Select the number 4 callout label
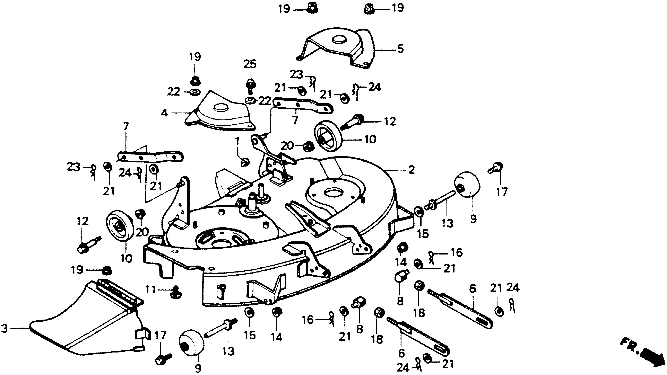tap(164, 113)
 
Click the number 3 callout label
tap(5, 329)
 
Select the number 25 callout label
tap(250, 64)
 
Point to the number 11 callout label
tap(150, 290)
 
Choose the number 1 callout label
tap(237, 142)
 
